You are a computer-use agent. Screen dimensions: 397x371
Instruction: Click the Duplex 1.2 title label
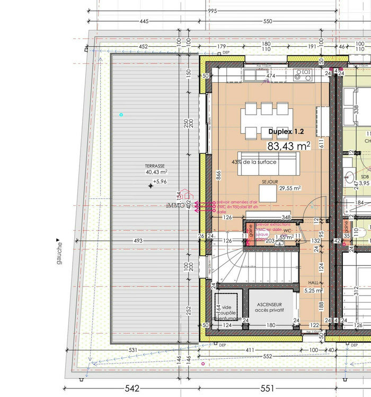pyautogui.click(x=286, y=131)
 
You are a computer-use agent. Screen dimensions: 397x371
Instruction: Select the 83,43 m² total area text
pyautogui.click(x=289, y=145)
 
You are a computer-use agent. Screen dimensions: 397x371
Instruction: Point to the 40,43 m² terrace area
pyautogui.click(x=156, y=172)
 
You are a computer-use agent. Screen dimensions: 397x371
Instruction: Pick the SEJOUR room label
pyautogui.click(x=269, y=182)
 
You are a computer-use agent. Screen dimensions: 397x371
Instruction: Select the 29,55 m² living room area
pyautogui.click(x=290, y=188)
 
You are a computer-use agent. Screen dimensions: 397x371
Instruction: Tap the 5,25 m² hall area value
pyautogui.click(x=313, y=290)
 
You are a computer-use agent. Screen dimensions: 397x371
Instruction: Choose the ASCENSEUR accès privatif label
pyautogui.click(x=269, y=306)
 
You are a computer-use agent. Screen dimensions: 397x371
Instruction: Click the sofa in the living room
pyautogui.click(x=268, y=164)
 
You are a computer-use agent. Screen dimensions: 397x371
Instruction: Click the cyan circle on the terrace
pyautogui.click(x=121, y=115)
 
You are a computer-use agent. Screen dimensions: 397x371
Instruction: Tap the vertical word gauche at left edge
pyautogui.click(x=59, y=252)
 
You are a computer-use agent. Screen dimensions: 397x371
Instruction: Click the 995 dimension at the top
pyautogui.click(x=213, y=11)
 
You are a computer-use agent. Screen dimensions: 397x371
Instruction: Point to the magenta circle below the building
pyautogui.click(x=203, y=364)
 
